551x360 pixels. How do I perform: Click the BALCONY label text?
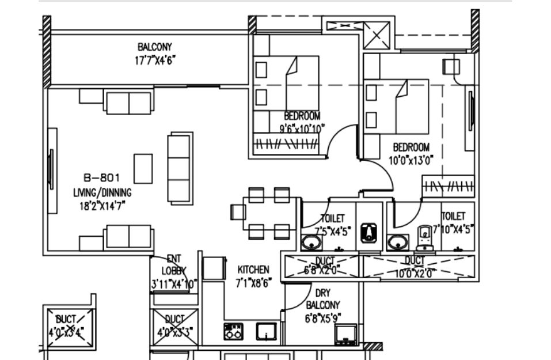coord(154,47)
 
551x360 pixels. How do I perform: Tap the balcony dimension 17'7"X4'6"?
coord(154,58)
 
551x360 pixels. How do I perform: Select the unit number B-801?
coord(102,178)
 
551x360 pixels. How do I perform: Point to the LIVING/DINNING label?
coord(102,192)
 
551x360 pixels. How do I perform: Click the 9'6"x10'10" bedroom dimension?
coord(302,128)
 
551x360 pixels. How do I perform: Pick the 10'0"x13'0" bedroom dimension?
coord(411,159)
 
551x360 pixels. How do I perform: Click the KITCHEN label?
coord(253,270)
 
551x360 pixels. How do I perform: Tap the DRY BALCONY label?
coord(323,299)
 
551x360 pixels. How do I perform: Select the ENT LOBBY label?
coord(174,265)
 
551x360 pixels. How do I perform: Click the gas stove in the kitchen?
coord(233,331)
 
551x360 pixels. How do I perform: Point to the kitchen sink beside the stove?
coord(266,331)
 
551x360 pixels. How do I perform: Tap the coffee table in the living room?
coord(143,168)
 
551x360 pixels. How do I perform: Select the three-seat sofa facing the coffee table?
coord(180,168)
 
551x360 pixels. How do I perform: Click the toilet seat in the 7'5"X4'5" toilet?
coord(368,233)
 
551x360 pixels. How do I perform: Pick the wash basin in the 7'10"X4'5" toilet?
coord(397,242)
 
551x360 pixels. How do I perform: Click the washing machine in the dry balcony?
coord(345,334)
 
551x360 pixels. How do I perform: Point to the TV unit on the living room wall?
coord(52,170)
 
